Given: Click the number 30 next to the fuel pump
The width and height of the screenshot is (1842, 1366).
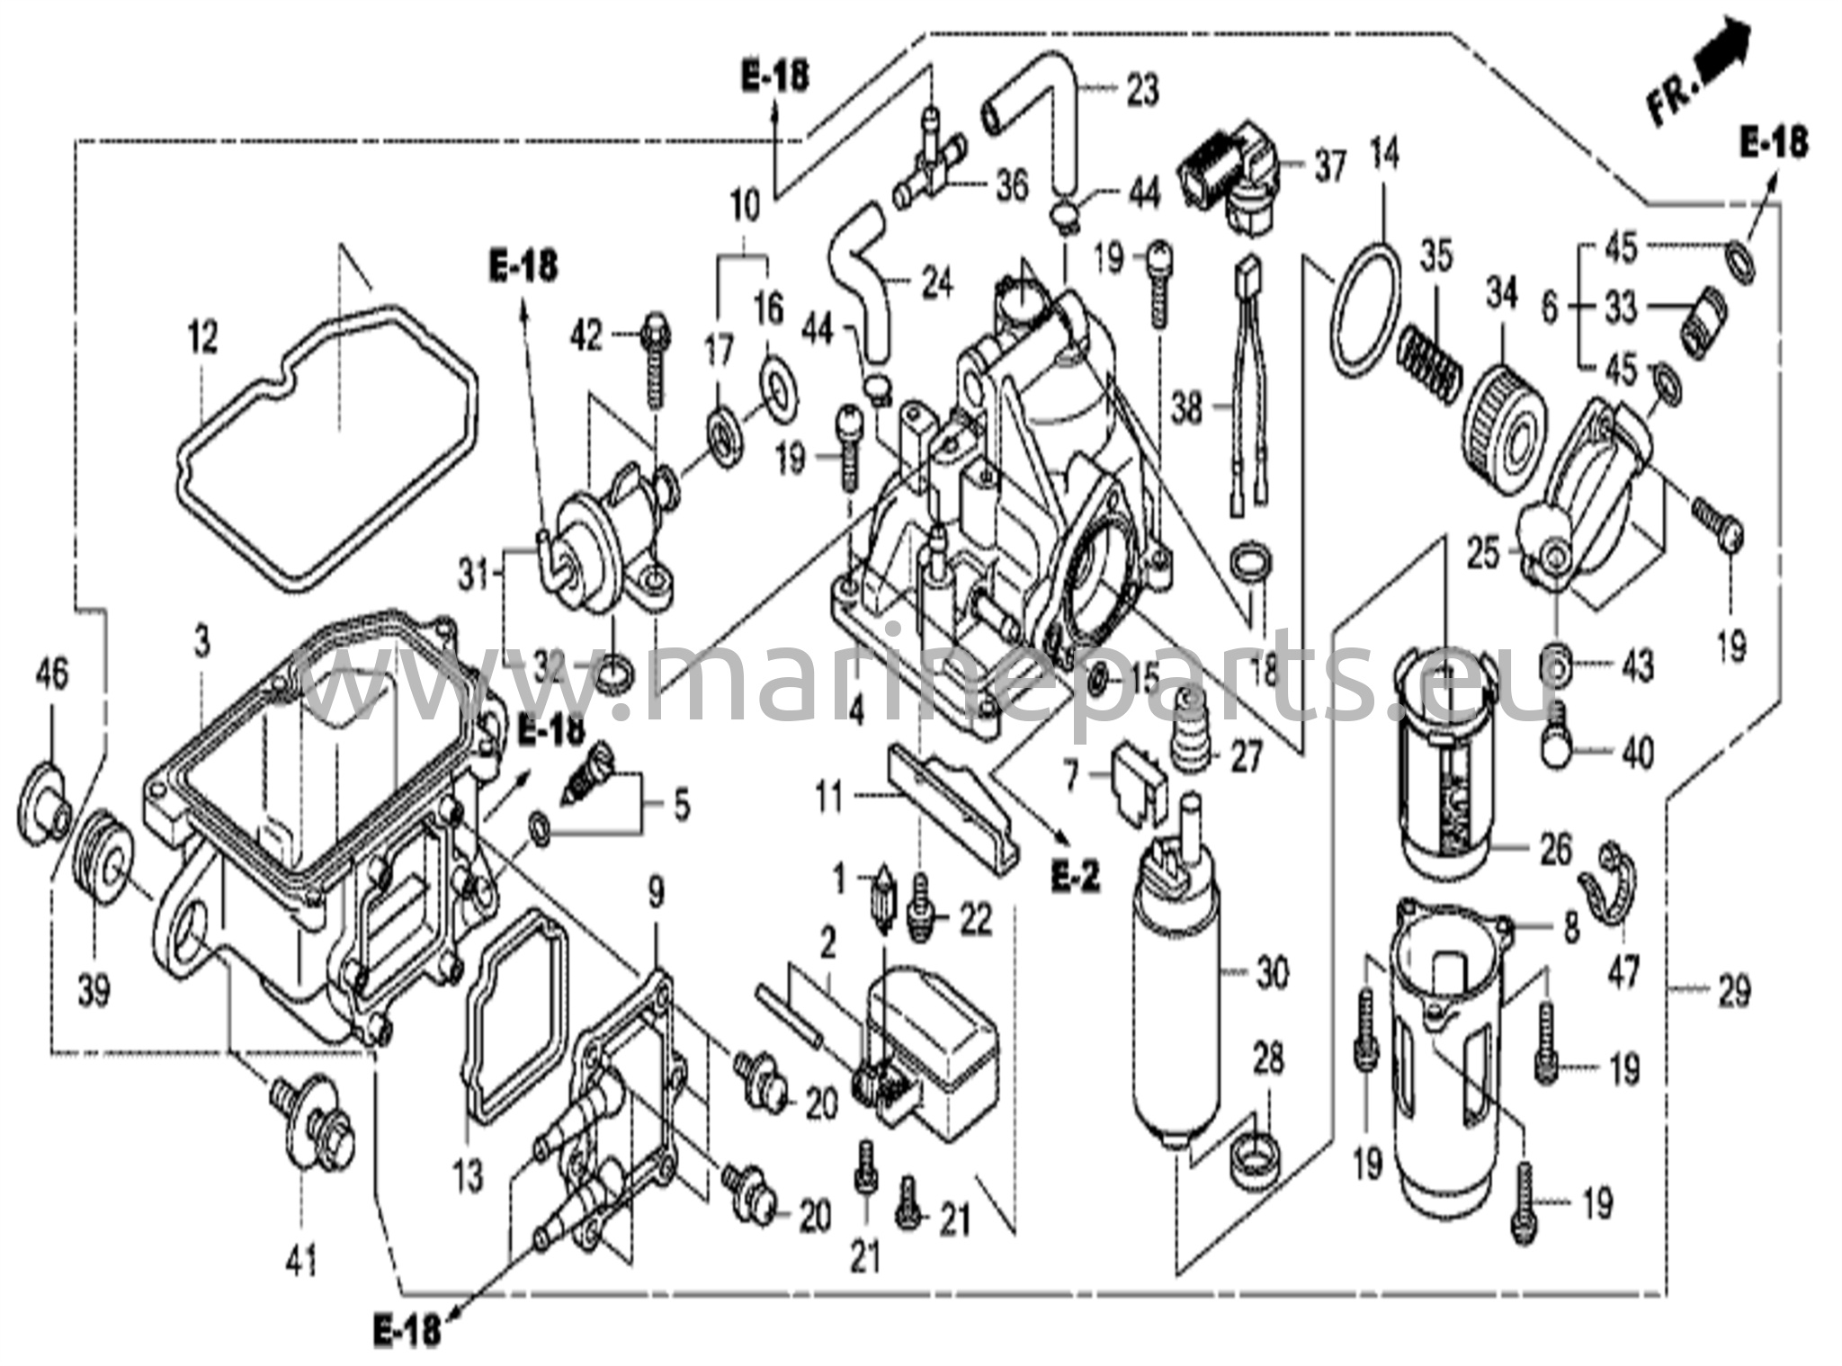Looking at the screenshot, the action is coord(1272,972).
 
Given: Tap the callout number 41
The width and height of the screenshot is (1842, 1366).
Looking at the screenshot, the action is coord(301,1263).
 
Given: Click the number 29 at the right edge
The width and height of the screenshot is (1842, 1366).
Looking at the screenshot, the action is coord(1735,992).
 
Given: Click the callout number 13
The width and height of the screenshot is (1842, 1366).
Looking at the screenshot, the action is coord(469,1176).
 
